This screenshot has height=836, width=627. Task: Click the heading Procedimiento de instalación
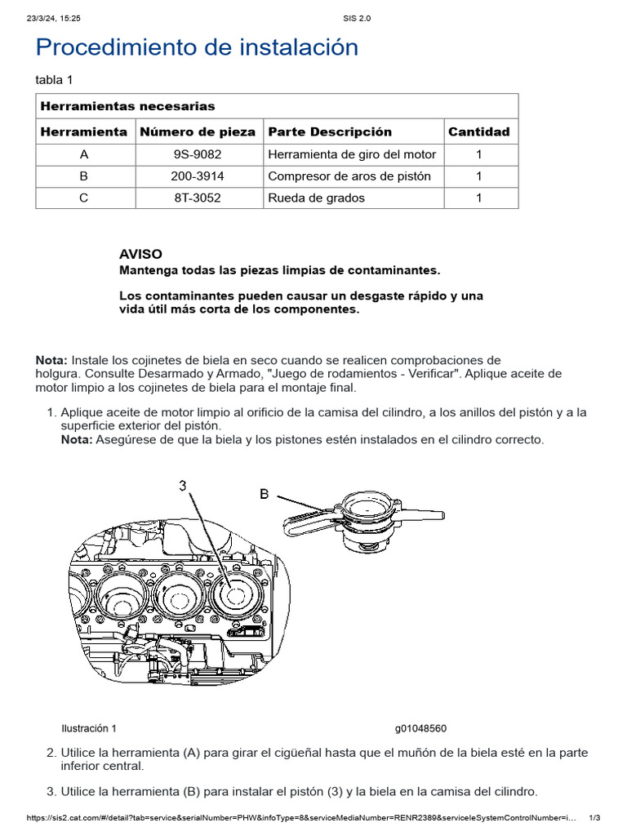pos(197,47)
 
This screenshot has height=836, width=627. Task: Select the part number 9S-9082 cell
pos(197,154)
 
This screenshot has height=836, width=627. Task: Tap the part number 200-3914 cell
pos(197,176)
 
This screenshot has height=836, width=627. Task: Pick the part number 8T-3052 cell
pos(197,198)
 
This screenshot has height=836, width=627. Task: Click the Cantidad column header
pos(478,131)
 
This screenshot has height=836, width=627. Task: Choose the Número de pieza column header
pos(197,131)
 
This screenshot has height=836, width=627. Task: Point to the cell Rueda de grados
pos(316,198)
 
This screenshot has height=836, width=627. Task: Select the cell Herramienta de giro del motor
pos(352,154)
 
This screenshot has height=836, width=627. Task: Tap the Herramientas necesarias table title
pos(127,106)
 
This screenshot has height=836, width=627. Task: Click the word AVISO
pos(140,254)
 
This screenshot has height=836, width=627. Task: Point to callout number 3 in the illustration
pos(183,486)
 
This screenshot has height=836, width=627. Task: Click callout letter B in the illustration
pos(265,494)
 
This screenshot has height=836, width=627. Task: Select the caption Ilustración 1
pos(89,728)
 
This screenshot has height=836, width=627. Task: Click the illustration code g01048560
pos(420,728)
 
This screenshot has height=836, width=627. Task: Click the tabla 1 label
pos(54,79)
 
